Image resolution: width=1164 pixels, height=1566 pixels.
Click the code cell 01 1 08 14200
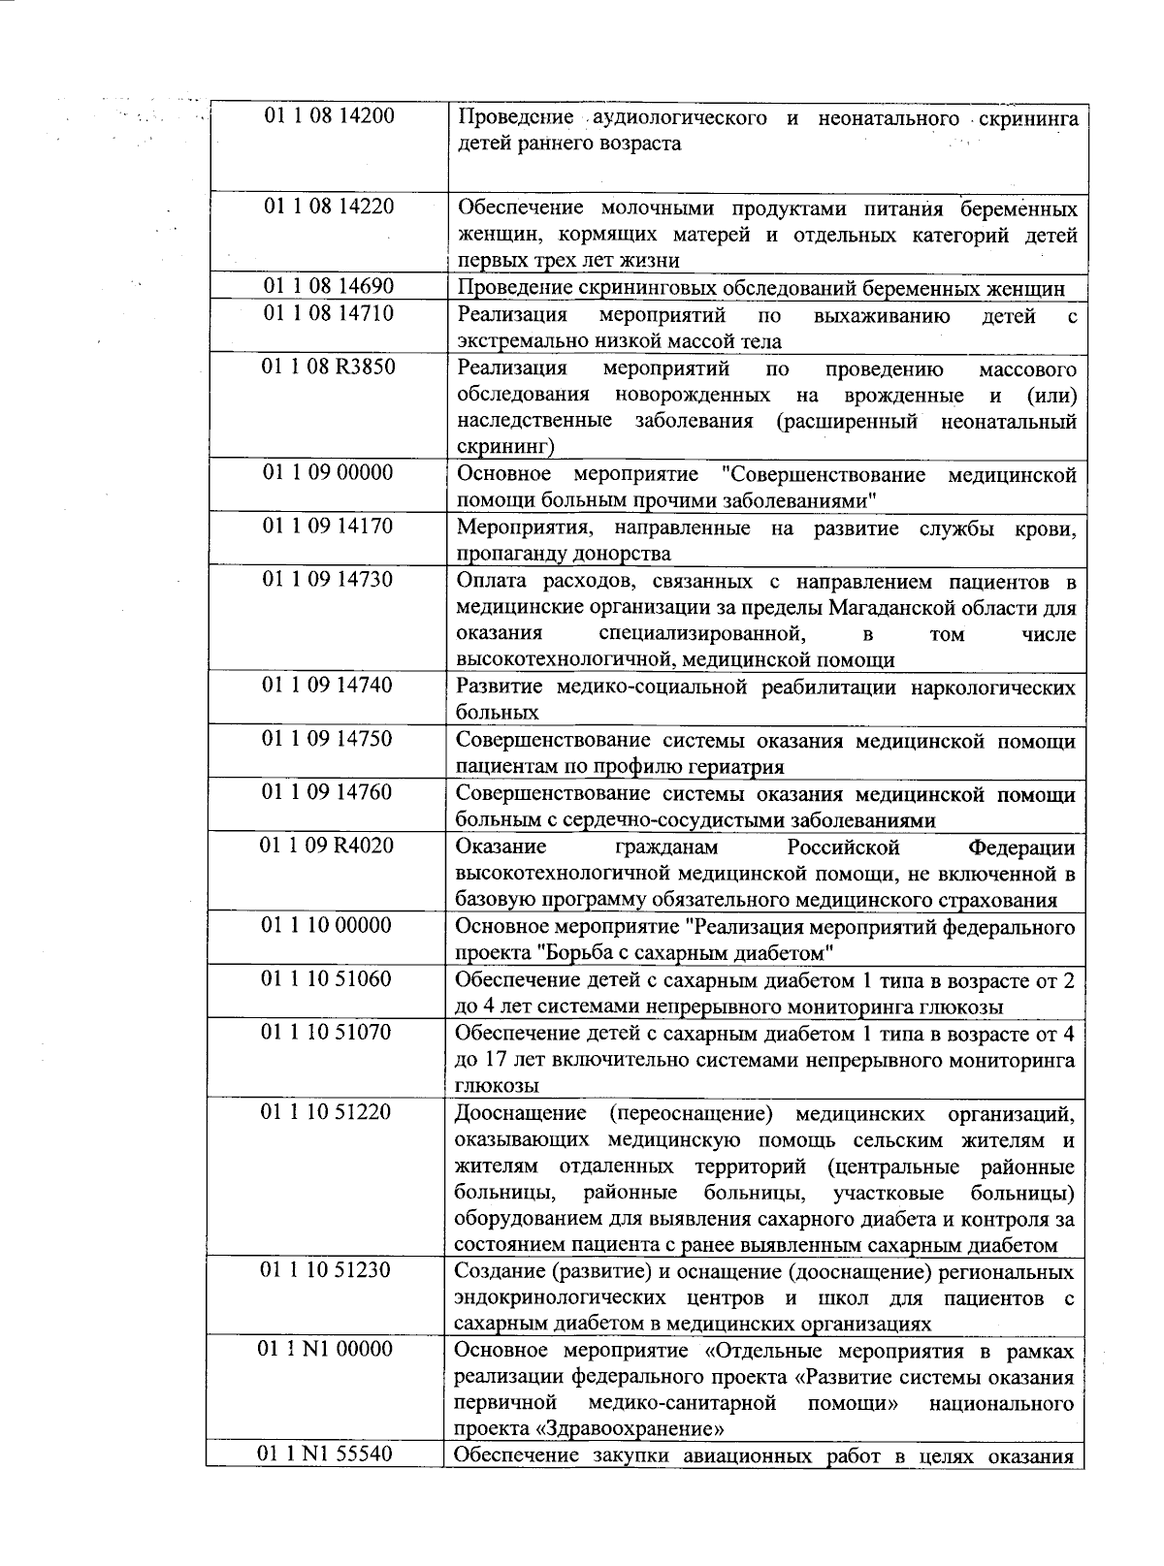click(329, 116)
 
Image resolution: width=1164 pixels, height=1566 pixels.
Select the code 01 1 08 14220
click(329, 207)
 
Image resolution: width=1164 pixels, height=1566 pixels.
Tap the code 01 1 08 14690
click(329, 286)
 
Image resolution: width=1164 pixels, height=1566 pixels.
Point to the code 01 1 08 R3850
click(329, 367)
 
